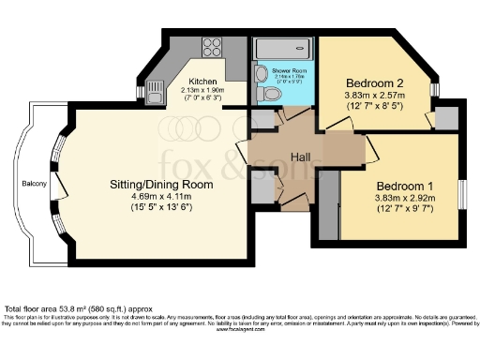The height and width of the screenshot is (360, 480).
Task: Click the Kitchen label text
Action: [x=204, y=82]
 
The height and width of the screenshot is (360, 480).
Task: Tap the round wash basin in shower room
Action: [x=260, y=73]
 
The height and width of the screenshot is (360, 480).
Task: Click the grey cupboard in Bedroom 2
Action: [x=445, y=117]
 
